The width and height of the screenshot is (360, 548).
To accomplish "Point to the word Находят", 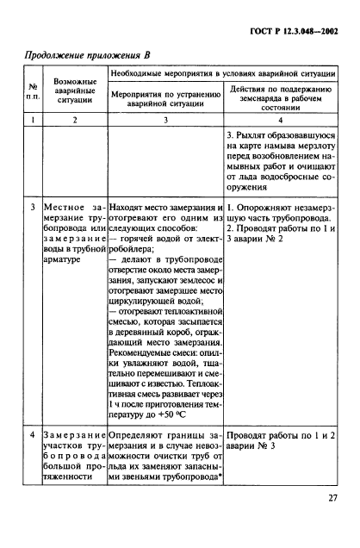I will tap(130, 208).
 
